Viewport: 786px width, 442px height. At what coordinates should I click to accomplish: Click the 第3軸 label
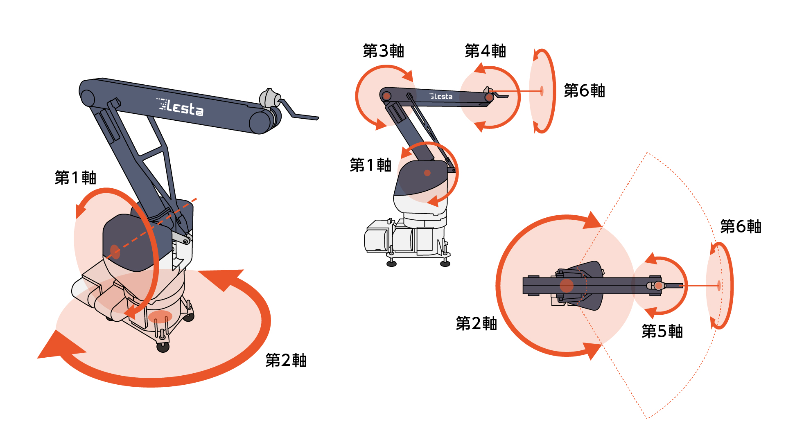point(384,51)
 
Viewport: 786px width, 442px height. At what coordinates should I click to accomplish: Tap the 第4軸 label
point(486,51)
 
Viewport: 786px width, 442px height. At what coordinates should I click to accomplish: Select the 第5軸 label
point(662,331)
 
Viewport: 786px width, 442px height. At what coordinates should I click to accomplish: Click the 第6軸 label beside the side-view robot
point(585,90)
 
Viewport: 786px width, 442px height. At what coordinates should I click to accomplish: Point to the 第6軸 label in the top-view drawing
point(741,226)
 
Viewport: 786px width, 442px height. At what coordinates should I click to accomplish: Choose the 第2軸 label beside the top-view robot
point(477,323)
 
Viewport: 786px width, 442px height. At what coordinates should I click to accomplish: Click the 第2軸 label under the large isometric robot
point(286,360)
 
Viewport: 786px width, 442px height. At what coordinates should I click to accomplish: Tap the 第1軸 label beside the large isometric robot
point(76,178)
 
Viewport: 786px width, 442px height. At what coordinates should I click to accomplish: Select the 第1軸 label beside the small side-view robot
point(371,165)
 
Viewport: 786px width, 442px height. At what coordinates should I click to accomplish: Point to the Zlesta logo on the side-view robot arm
point(441,97)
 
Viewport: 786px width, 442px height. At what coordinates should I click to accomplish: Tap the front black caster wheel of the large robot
point(163,347)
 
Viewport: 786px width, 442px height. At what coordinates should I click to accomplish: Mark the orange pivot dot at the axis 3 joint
point(386,97)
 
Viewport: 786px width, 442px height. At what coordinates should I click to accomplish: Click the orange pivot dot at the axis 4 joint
point(489,97)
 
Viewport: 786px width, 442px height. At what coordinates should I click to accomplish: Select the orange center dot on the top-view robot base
point(567,286)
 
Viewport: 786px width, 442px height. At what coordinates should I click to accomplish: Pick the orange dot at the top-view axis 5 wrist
point(658,286)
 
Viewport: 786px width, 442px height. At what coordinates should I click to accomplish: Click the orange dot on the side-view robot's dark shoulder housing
point(427,173)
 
